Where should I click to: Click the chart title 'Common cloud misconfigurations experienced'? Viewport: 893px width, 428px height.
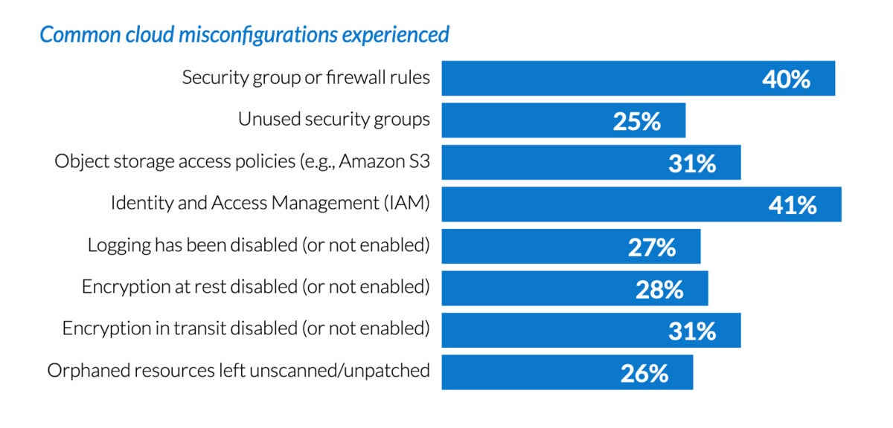[x=244, y=35]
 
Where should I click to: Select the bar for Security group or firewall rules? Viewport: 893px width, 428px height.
[x=595, y=78]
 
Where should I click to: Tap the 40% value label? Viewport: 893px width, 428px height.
[x=786, y=79]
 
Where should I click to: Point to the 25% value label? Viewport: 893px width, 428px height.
[x=637, y=121]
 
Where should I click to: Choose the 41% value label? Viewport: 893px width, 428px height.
[x=793, y=205]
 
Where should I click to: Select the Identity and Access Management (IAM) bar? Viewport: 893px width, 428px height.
[x=595, y=204]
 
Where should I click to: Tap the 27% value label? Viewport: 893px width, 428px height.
[x=652, y=247]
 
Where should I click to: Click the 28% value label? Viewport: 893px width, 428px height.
[x=659, y=289]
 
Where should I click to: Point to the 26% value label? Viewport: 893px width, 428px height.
[x=644, y=373]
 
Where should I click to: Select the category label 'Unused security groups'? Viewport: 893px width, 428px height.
[x=334, y=120]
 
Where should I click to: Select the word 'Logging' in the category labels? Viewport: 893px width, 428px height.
[x=115, y=245]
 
